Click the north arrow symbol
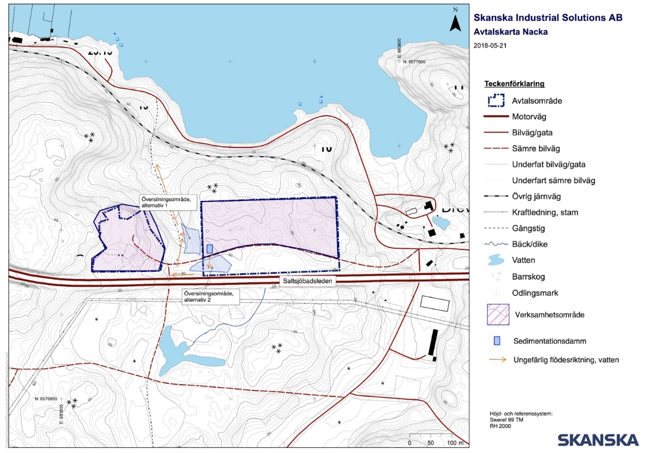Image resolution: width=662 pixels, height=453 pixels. click(x=455, y=21)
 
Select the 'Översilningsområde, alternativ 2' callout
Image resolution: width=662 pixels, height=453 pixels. click(x=208, y=297)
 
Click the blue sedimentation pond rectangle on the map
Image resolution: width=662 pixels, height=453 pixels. click(x=210, y=248)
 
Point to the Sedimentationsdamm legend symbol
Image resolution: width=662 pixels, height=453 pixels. click(x=497, y=340)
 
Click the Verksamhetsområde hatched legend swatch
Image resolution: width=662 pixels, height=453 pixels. click(x=498, y=315)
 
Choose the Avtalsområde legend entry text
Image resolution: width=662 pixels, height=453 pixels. click(x=537, y=101)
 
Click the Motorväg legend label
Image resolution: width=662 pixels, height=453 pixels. click(x=529, y=117)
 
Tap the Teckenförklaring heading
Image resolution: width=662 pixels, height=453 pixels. click(x=514, y=84)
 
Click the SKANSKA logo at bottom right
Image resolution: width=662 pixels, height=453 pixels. click(x=598, y=440)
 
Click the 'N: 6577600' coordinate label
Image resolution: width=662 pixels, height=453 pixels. click(x=414, y=62)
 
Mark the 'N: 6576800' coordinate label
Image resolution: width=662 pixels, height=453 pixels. click(x=48, y=398)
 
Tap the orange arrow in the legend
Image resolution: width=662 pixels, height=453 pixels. click(x=497, y=360)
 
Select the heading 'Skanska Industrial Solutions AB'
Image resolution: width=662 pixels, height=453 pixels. click(x=548, y=18)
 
